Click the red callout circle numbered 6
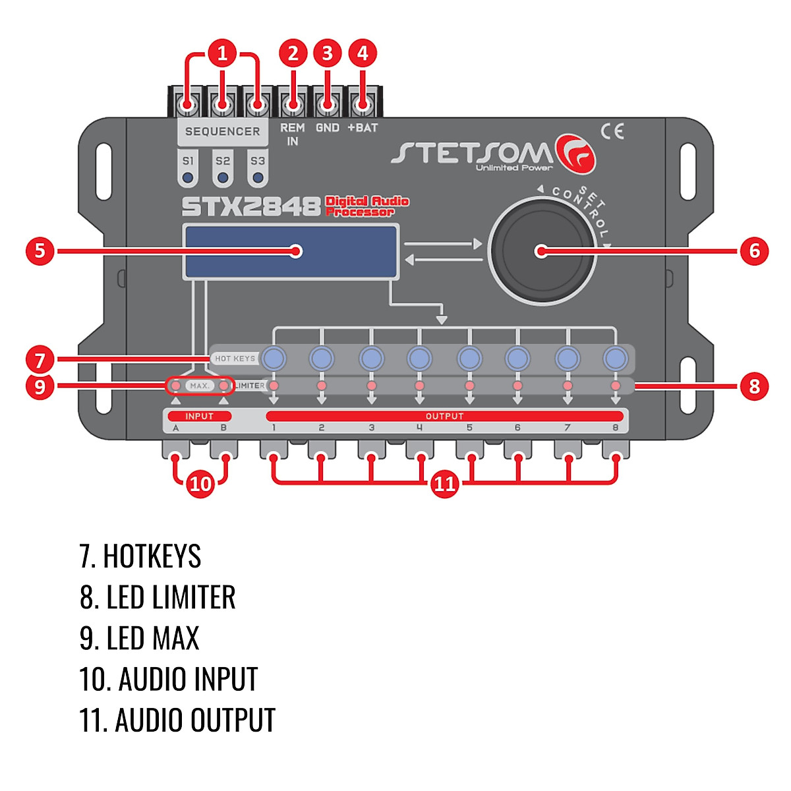coord(754,250)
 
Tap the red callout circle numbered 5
coord(40,250)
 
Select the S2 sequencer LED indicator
coord(223,178)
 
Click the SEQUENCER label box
coord(223,132)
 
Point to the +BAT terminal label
coord(363,128)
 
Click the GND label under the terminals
coord(327,128)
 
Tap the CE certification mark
coord(612,131)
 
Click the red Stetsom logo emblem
coord(575,154)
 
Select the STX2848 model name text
coord(250,206)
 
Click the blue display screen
coord(291,252)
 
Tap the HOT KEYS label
coord(235,359)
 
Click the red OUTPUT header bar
coord(444,416)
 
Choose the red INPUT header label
coord(200,416)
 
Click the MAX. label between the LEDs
coord(200,386)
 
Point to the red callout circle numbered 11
coord(444,484)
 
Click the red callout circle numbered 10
coord(200,484)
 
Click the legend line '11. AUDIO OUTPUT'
coord(177,720)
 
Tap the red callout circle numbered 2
coord(293,53)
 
